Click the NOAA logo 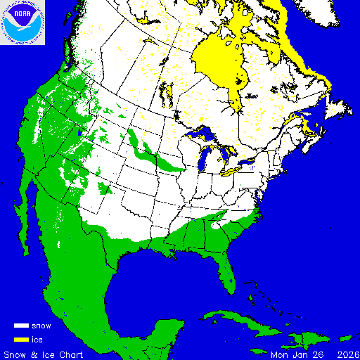pos(23,23)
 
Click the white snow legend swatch pos(21,326)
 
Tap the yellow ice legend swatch pos(21,339)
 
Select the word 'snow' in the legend pos(41,326)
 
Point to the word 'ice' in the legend pos(37,339)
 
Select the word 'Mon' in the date pos(280,353)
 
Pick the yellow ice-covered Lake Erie pos(232,169)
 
